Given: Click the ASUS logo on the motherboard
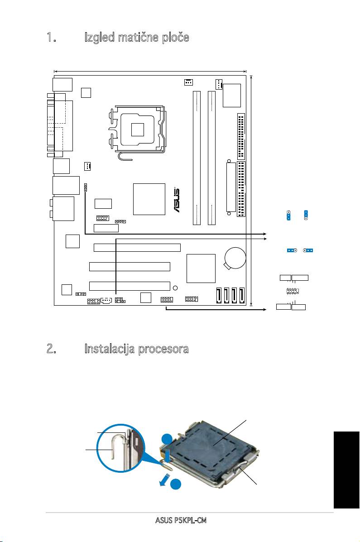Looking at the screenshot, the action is pyautogui.click(x=176, y=200).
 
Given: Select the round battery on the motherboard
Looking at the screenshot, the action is pyautogui.click(x=235, y=258).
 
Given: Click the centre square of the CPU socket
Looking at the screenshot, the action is pyautogui.click(x=137, y=130).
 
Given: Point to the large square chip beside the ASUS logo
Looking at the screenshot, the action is pyautogui.click(x=149, y=199).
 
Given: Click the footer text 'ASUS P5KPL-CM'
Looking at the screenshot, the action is pyautogui.click(x=181, y=520).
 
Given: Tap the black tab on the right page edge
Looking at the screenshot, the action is pyautogui.click(x=346, y=470).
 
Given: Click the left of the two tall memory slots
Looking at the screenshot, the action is pyautogui.click(x=197, y=158).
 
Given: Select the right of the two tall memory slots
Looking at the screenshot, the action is pyautogui.click(x=211, y=158).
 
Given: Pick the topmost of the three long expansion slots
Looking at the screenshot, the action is pyautogui.click(x=137, y=248).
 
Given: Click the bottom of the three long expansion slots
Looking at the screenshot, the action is pyautogui.click(x=130, y=286).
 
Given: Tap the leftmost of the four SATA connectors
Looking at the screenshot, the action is pyautogui.click(x=219, y=296).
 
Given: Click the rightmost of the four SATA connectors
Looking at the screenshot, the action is pyautogui.click(x=242, y=296).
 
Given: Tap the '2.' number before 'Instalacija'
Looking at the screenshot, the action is pyautogui.click(x=52, y=349).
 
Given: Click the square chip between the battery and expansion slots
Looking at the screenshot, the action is pyautogui.click(x=201, y=269).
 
